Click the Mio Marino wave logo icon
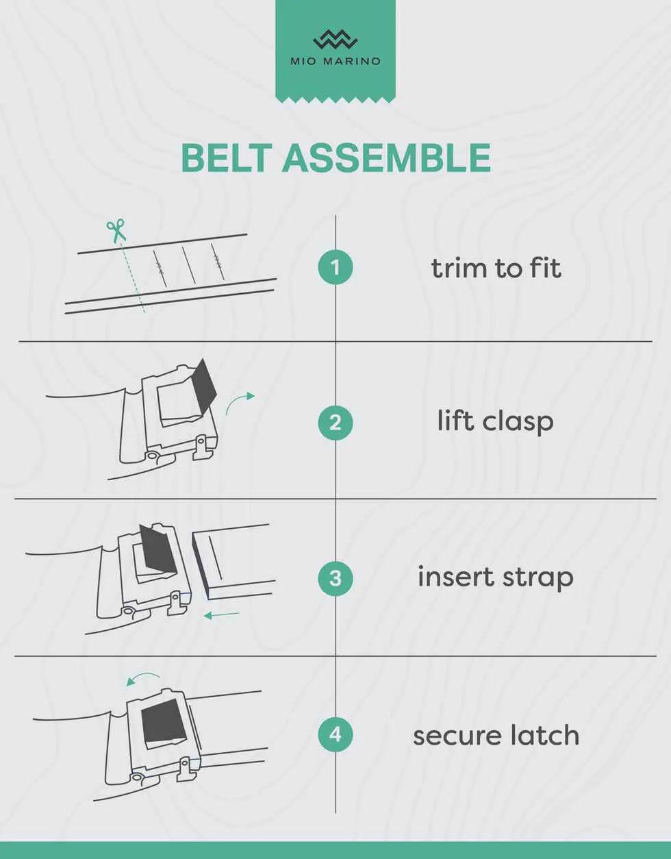pyautogui.click(x=335, y=40)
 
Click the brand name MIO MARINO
pyautogui.click(x=335, y=61)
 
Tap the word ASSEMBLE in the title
pyautogui.click(x=386, y=158)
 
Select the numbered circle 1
pyautogui.click(x=335, y=267)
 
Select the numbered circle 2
pyautogui.click(x=335, y=423)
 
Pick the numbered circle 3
pyautogui.click(x=335, y=578)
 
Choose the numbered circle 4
pyautogui.click(x=335, y=735)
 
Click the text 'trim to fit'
pyautogui.click(x=496, y=268)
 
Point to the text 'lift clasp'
pyautogui.click(x=495, y=421)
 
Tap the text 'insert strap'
pyautogui.click(x=496, y=577)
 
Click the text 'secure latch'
pyautogui.click(x=496, y=735)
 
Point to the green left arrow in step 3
pyautogui.click(x=221, y=614)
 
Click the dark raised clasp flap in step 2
pyautogui.click(x=204, y=386)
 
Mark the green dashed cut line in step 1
pyautogui.click(x=132, y=277)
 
